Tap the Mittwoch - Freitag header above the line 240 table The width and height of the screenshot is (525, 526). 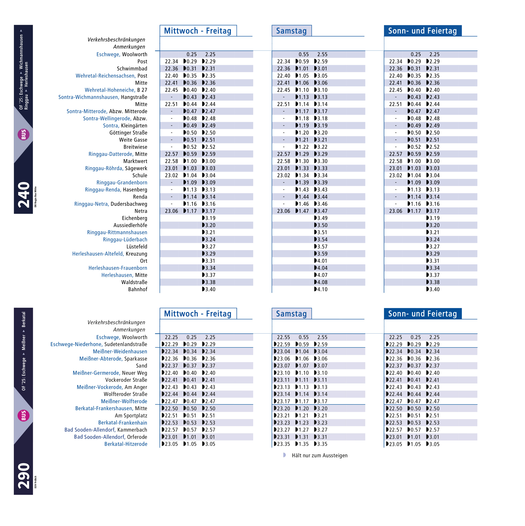[x=198, y=31]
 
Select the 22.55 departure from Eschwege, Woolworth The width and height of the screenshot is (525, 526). [x=283, y=337]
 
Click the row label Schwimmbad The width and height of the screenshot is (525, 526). [x=132, y=69]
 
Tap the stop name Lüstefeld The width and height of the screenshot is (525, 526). [x=137, y=247]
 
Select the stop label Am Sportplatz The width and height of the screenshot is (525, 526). [x=131, y=416]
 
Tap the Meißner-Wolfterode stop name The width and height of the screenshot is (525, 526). [x=124, y=401]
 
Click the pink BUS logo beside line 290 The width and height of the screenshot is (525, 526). [x=23, y=415]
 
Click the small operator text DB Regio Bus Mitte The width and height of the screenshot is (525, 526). [x=35, y=197]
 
